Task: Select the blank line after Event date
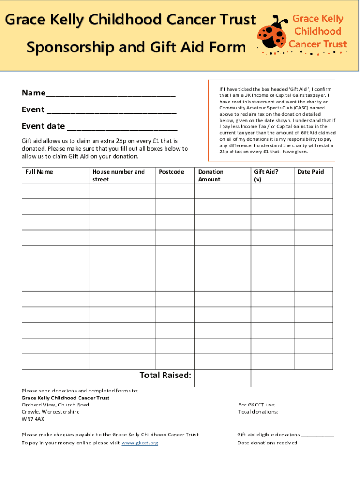pyautogui.click(x=122, y=127)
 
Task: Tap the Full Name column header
pyautogui.click(x=39, y=172)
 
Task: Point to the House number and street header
pyautogui.click(x=119, y=175)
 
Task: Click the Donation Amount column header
pyautogui.click(x=211, y=175)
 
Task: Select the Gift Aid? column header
pyautogui.click(x=266, y=175)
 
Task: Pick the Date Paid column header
pyautogui.click(x=310, y=172)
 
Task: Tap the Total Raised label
pyautogui.click(x=166, y=376)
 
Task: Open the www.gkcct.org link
pyautogui.click(x=140, y=443)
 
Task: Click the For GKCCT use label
pyautogui.click(x=257, y=405)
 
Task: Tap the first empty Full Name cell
pyautogui.click(x=56, y=191)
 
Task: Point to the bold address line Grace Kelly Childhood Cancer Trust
pyautogui.click(x=65, y=398)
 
